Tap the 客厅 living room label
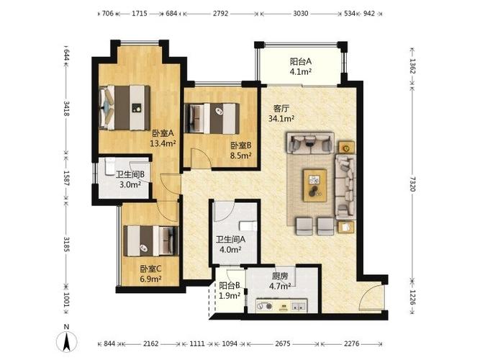tap(281, 109)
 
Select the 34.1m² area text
tap(281, 119)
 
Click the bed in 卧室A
tap(124, 107)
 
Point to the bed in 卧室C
tap(151, 241)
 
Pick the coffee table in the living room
tap(315, 185)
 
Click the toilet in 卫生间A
tap(248, 226)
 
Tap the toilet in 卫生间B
tap(109, 166)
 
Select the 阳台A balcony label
tap(301, 62)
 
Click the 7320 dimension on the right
tap(412, 184)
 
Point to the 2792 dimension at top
tap(220, 14)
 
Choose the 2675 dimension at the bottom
tap(282, 343)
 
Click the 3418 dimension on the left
tap(66, 108)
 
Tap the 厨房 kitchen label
tap(280, 276)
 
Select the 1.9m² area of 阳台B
tap(230, 296)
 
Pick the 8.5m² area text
tap(241, 156)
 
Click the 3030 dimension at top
tap(301, 14)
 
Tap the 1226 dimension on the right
tap(412, 297)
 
